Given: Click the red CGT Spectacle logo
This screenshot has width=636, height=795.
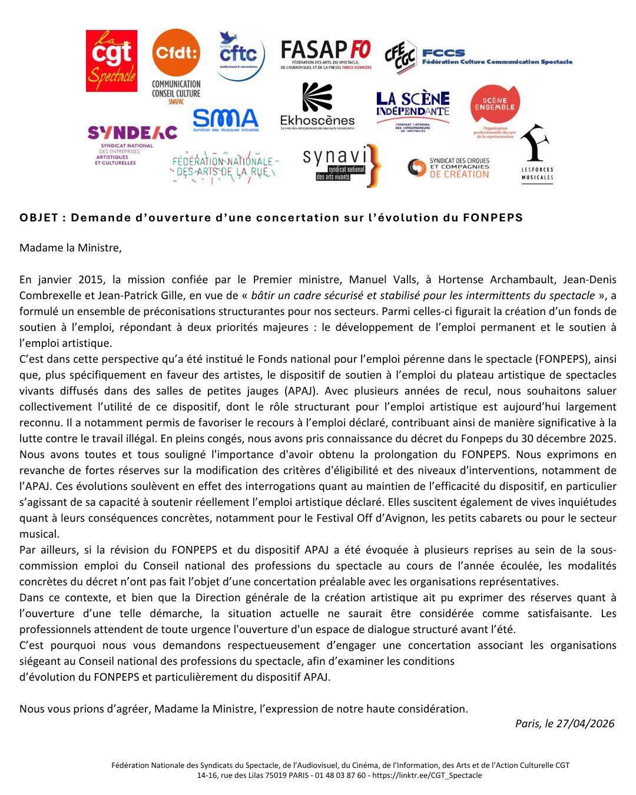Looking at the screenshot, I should (111, 61).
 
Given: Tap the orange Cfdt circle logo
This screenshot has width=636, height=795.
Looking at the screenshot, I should (175, 53).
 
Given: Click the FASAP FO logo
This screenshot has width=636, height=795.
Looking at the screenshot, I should (326, 55).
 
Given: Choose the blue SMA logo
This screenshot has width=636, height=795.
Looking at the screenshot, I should (226, 120).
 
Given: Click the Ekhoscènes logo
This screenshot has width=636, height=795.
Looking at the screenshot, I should (317, 106).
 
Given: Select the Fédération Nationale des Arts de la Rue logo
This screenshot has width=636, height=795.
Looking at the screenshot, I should (224, 166).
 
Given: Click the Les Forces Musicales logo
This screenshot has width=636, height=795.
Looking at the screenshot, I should (536, 153).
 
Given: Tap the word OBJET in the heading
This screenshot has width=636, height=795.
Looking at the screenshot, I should (39, 217).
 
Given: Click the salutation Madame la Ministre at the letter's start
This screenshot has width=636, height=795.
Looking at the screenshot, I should (70, 247).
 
